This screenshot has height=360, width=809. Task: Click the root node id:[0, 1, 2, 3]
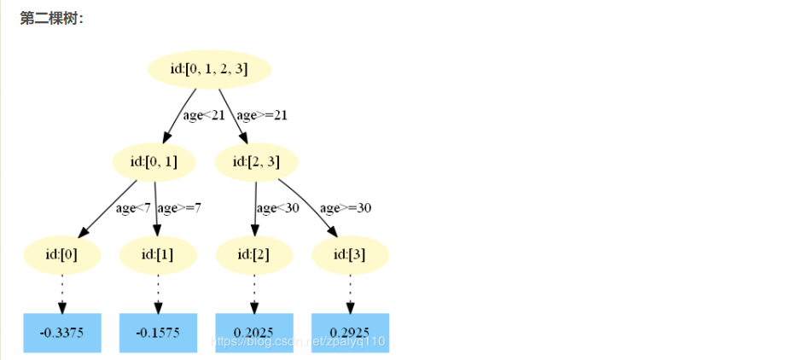(209, 69)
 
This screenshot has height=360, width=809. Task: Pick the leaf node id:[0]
(62, 255)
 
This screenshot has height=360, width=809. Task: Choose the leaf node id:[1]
(158, 255)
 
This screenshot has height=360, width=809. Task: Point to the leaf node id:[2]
(254, 255)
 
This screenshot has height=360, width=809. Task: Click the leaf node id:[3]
(350, 255)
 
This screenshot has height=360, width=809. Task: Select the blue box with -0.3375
(62, 333)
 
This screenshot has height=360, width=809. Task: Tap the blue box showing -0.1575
(158, 333)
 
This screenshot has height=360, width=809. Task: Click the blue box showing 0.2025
(254, 333)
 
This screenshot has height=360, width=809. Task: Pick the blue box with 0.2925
(350, 333)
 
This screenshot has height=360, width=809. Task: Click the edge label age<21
(203, 116)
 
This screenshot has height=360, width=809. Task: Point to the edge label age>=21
(262, 116)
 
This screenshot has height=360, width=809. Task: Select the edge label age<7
(134, 207)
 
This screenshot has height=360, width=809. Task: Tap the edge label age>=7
(180, 207)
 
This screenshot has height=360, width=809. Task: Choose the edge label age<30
(278, 207)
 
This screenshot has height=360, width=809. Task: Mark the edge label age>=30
(345, 207)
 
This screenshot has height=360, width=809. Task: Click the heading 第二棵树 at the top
(51, 19)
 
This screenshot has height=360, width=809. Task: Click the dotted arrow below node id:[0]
(62, 293)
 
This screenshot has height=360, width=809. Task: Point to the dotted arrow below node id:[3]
(350, 293)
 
